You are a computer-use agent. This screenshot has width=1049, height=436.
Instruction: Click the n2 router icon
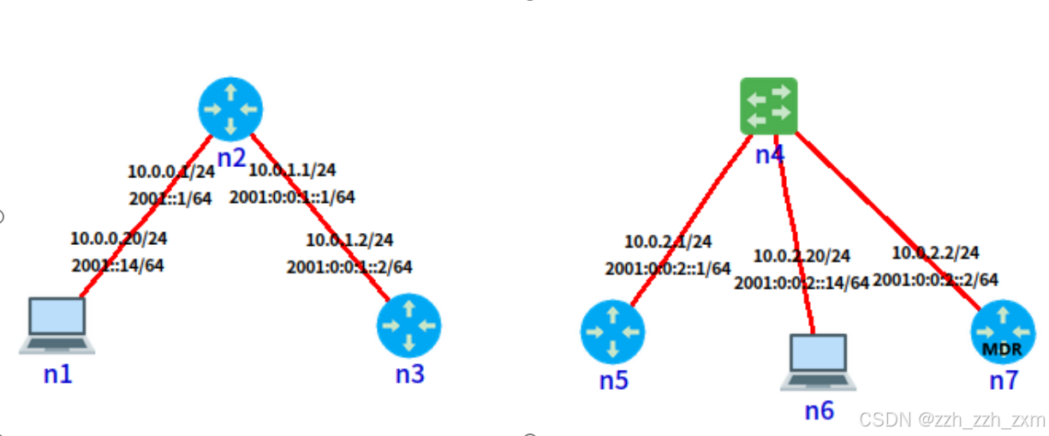229,109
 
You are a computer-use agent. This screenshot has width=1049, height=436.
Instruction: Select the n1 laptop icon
57,326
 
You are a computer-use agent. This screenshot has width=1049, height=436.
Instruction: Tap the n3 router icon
408,326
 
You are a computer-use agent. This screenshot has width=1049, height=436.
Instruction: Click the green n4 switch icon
769,106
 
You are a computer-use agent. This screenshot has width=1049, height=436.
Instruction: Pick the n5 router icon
612,333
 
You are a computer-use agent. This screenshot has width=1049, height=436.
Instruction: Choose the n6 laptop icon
818,362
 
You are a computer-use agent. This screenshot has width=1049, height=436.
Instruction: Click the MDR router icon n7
1002,332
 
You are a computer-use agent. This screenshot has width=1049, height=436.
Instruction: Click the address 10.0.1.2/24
349,240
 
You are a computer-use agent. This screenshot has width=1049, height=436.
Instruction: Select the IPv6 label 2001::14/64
116,265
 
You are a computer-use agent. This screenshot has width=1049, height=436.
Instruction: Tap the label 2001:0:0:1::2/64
349,266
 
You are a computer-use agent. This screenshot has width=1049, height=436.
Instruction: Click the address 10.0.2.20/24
802,256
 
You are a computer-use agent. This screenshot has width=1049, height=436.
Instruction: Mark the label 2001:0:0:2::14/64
802,282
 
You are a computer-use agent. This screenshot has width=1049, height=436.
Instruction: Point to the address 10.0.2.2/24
936,253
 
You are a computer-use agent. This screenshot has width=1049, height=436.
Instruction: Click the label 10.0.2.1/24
668,242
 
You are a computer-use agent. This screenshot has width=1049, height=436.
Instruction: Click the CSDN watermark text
952,420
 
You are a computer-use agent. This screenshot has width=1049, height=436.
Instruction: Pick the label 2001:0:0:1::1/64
291,197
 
